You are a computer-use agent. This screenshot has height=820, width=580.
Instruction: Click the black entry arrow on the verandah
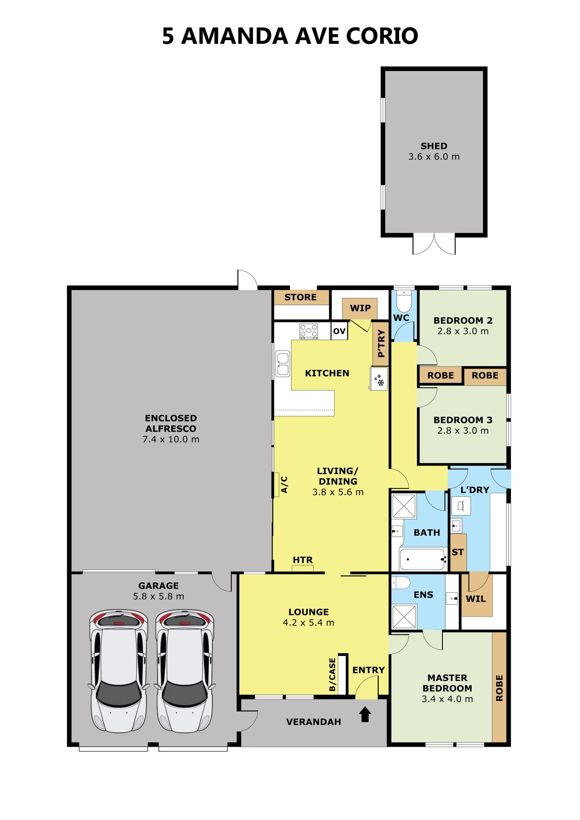[x=365, y=714]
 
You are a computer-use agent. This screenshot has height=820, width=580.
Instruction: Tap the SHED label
[x=434, y=146]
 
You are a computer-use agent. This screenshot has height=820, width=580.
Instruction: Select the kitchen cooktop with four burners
[x=308, y=331]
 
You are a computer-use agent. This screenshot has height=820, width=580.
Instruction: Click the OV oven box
[x=339, y=331]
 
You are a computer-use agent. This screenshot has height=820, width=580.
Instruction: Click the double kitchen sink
[x=282, y=364]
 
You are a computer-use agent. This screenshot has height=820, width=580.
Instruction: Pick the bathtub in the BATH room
[x=423, y=559]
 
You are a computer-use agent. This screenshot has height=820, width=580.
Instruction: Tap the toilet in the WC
[x=404, y=300]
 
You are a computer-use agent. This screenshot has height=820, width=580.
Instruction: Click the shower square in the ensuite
[x=404, y=616]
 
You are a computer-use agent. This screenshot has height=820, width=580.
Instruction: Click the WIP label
[x=360, y=308]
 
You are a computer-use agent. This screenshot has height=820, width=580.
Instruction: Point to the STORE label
[x=301, y=297]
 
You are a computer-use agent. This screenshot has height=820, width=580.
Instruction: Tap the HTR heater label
[x=303, y=560]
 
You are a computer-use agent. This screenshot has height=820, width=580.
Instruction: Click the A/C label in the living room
[x=284, y=485]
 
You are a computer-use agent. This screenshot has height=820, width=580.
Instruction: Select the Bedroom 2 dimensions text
[x=463, y=331]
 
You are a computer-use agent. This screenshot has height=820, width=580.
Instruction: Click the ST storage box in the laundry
[x=458, y=552]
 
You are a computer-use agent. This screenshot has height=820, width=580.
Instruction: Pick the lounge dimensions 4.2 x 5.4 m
[x=308, y=622]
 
